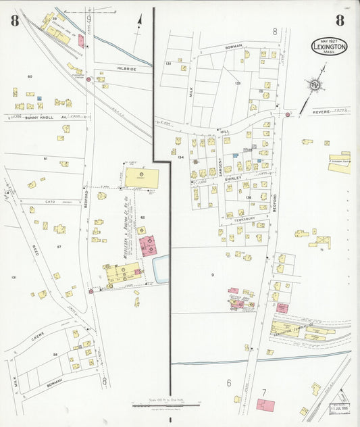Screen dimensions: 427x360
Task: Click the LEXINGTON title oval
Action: tap(330, 47)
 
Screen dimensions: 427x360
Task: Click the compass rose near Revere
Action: tap(315, 85)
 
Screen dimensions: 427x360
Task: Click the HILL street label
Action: tap(226, 132)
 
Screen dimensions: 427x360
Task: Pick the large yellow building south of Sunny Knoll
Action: tap(142, 178)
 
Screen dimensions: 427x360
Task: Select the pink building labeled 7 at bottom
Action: tap(265, 405)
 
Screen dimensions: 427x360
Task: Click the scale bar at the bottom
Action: tap(165, 405)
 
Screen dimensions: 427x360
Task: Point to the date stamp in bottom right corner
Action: tap(339, 408)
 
